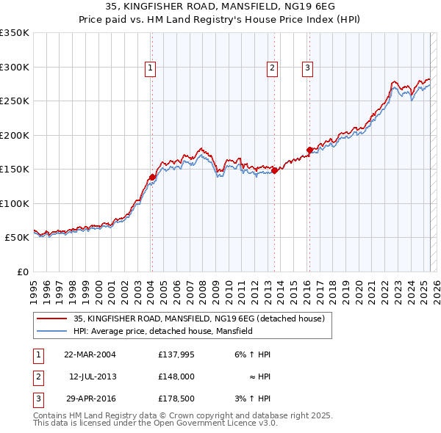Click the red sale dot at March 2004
[152, 177]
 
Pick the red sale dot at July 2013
[274, 170]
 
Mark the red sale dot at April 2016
[310, 150]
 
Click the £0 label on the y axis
[22, 272]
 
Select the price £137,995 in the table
[176, 354]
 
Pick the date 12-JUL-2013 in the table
[93, 376]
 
